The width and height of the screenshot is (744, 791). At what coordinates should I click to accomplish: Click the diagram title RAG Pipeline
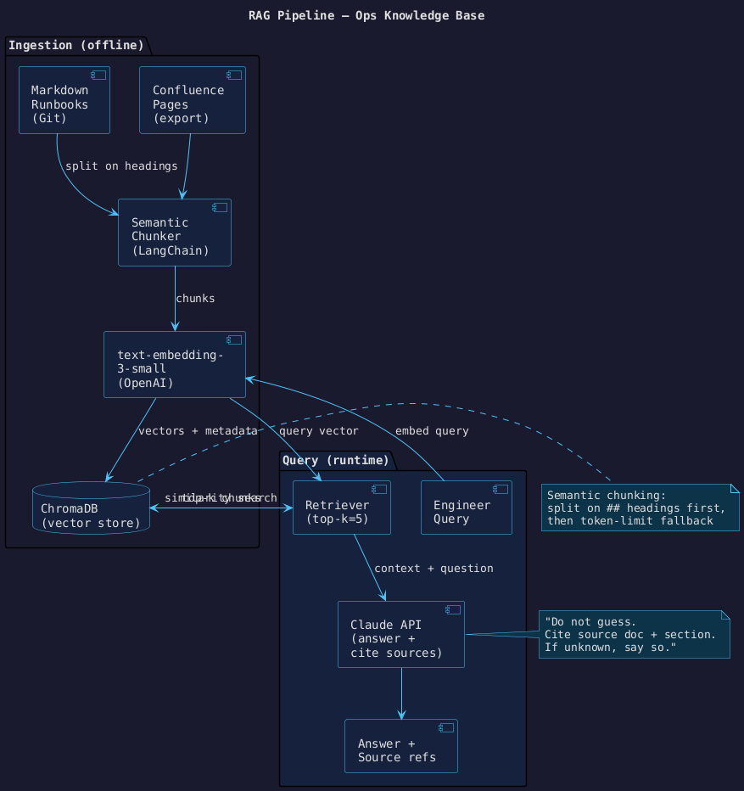click(x=366, y=15)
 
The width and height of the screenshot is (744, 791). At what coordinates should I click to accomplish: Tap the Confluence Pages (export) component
click(x=192, y=100)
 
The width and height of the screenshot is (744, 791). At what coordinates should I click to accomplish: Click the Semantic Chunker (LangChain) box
click(x=175, y=233)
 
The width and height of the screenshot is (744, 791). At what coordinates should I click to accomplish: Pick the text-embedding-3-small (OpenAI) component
click(x=175, y=364)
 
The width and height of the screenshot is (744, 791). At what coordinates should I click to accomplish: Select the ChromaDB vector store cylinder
click(x=90, y=507)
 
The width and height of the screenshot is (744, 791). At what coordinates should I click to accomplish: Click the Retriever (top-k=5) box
click(x=341, y=508)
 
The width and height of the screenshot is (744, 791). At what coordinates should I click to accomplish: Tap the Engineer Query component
click(x=466, y=508)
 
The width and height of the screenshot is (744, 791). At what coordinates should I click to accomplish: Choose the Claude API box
click(x=400, y=634)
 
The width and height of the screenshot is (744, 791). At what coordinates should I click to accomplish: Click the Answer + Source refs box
click(x=400, y=746)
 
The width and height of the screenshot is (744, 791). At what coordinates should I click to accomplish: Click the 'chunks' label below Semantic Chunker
click(x=195, y=299)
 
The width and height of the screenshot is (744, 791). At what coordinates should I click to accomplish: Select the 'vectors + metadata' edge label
click(x=198, y=431)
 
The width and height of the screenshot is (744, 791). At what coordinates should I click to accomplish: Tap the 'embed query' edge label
click(x=432, y=431)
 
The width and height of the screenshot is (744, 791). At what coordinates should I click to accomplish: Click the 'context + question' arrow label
click(x=434, y=568)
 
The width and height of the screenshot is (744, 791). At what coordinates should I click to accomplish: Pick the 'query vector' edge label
click(x=312, y=431)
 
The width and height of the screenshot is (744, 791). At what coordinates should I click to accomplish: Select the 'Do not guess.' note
click(x=634, y=634)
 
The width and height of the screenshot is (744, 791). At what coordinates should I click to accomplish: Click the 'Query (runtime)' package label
click(x=335, y=461)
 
